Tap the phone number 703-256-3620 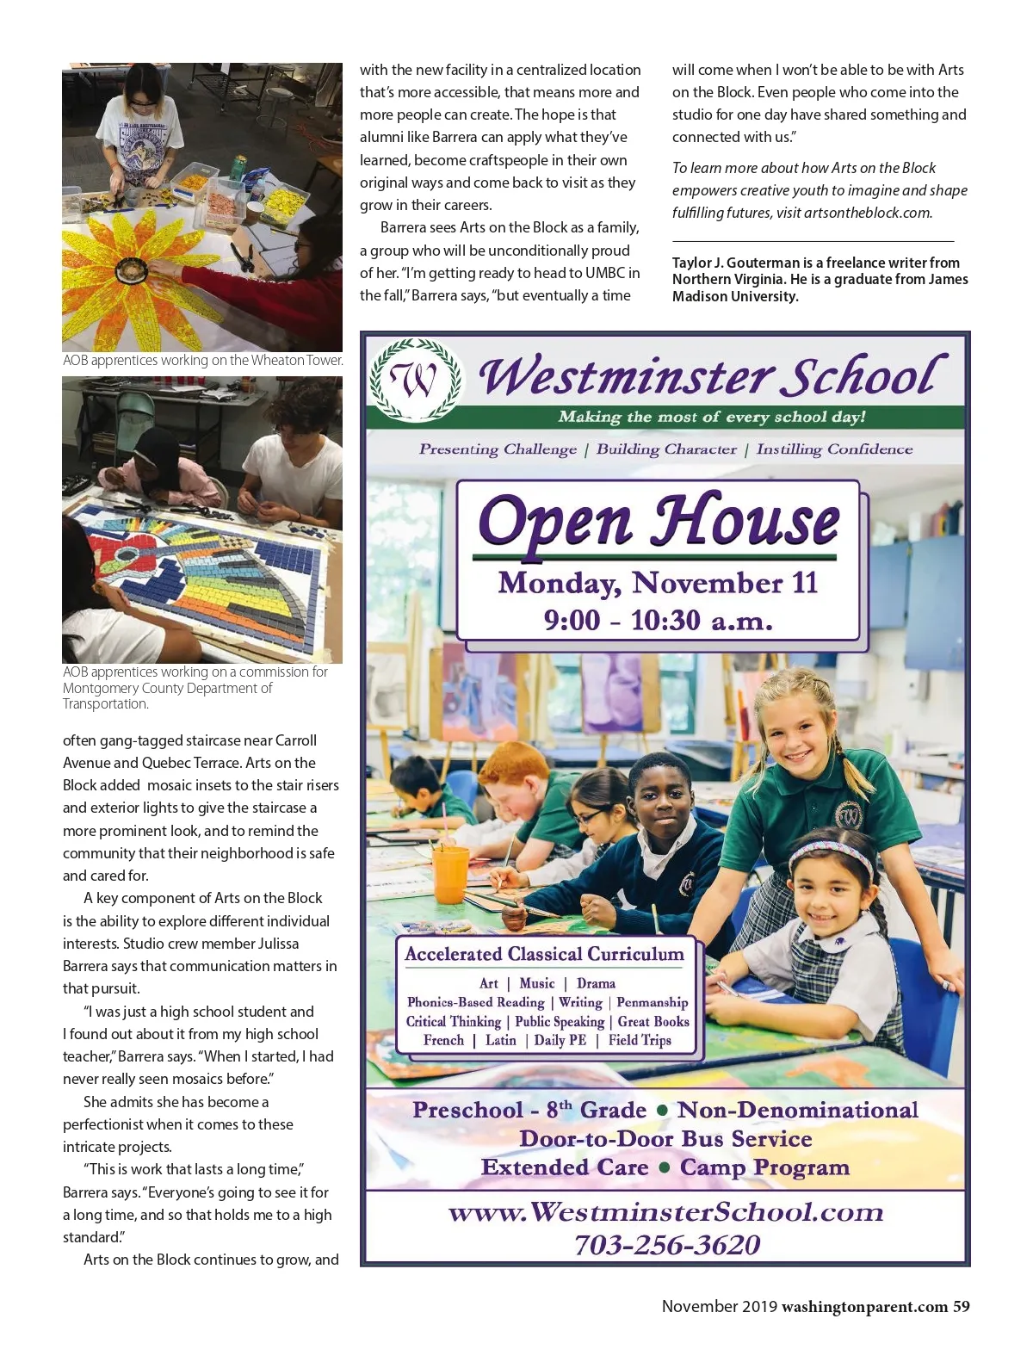(667, 1245)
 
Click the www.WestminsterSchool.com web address (665, 1212)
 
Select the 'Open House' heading (659, 522)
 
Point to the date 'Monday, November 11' (658, 583)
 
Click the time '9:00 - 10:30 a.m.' (658, 620)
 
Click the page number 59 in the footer (961, 1306)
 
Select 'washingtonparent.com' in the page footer (864, 1306)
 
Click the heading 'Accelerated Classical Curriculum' (544, 954)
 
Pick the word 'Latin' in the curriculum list (500, 1040)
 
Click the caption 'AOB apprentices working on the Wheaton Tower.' (202, 361)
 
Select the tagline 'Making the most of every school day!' (711, 417)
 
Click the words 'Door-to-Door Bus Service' (665, 1139)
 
